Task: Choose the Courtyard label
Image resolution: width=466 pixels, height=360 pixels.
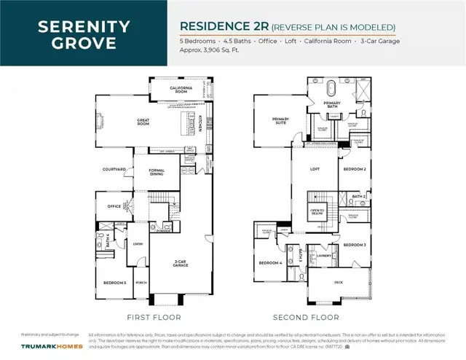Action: (x=114, y=169)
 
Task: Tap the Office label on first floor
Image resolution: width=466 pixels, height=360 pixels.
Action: (x=113, y=206)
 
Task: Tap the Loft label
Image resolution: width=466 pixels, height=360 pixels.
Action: (x=315, y=169)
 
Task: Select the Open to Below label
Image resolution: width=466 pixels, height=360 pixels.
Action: (x=317, y=212)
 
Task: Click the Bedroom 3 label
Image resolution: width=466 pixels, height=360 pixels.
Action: (x=355, y=245)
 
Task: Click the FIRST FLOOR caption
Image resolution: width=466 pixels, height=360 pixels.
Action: (x=154, y=318)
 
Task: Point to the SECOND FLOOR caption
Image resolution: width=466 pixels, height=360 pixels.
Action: (x=306, y=318)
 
